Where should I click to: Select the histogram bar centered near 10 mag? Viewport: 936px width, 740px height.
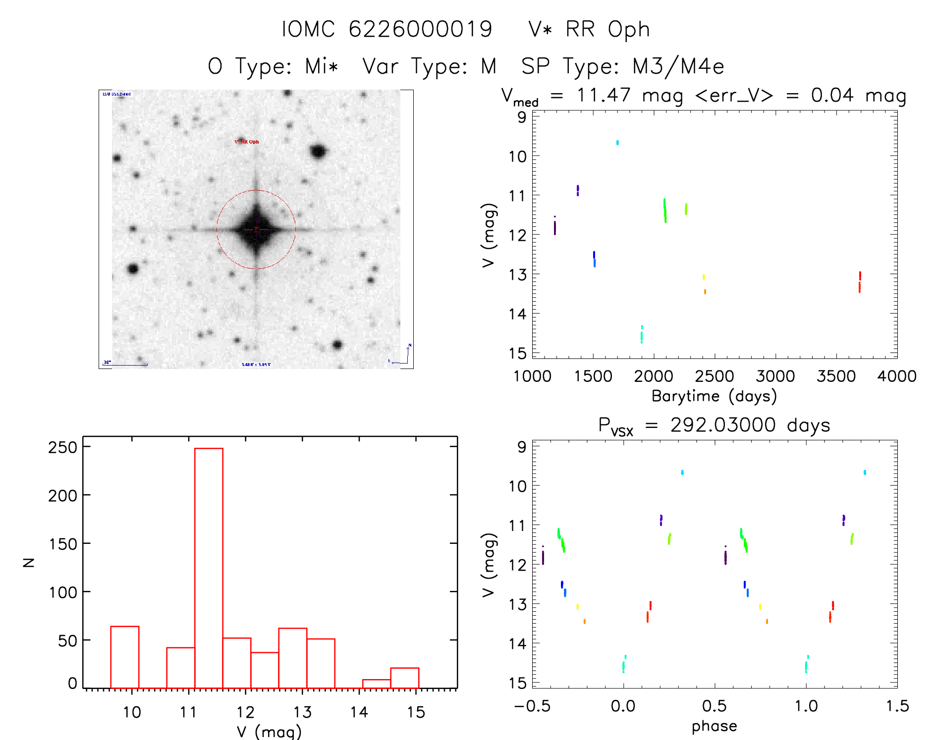124,657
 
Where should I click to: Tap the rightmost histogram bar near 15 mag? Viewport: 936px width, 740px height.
404,678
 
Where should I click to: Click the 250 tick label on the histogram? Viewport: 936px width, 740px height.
63,447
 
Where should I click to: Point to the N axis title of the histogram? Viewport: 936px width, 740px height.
29,562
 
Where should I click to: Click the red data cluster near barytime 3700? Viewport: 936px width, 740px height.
860,282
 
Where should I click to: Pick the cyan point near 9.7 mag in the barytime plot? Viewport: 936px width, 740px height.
617,143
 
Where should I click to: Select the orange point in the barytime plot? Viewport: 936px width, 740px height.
705,292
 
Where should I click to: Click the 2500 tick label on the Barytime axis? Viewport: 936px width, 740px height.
715,376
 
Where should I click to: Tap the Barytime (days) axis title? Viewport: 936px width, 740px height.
714,396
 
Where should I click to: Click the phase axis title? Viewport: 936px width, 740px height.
714,726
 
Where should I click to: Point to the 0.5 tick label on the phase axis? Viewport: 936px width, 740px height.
715,706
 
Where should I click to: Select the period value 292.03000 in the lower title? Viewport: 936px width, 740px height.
723,425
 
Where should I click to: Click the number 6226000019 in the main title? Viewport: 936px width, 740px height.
420,29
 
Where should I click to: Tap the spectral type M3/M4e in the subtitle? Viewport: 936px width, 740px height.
678,66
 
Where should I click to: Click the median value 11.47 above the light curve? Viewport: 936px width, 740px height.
604,95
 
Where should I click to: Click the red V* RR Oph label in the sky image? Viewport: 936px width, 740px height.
247,142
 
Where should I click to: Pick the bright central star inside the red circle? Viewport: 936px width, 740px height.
256,229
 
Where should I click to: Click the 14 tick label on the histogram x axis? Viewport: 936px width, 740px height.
359,712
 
